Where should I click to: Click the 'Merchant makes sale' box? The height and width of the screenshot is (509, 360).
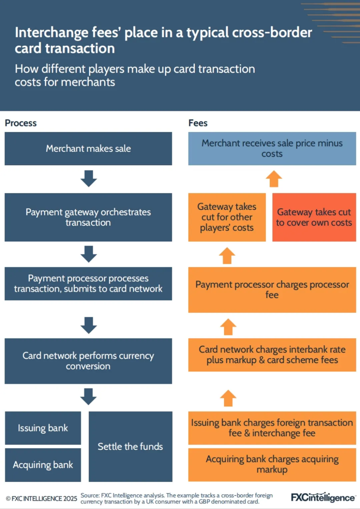click(x=88, y=149)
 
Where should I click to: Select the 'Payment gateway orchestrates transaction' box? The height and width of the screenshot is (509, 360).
click(x=88, y=217)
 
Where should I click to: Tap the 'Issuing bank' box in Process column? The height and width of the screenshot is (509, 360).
click(x=43, y=428)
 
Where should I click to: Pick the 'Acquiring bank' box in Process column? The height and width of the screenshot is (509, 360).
click(x=43, y=465)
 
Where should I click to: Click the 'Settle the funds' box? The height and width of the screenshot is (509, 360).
click(x=130, y=446)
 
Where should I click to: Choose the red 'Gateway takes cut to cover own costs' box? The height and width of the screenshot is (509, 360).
click(x=314, y=217)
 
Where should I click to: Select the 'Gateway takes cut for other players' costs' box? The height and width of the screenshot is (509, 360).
click(x=227, y=217)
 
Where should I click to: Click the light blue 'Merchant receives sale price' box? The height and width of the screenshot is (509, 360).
click(x=272, y=149)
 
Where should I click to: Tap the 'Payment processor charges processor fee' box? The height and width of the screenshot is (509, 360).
click(x=272, y=289)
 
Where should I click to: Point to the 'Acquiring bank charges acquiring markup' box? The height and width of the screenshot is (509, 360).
click(x=272, y=464)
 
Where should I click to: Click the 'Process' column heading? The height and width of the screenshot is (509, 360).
click(x=21, y=123)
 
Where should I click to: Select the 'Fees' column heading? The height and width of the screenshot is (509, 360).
click(x=198, y=123)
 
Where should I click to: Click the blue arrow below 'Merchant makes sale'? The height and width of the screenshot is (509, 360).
click(x=89, y=179)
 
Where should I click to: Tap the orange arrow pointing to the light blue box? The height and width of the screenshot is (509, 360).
click(x=274, y=179)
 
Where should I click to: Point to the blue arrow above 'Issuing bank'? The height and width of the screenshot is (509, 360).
click(x=89, y=396)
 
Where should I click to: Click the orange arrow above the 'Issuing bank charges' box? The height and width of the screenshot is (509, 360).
click(x=228, y=398)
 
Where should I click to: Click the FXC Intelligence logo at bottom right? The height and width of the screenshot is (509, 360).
click(x=323, y=497)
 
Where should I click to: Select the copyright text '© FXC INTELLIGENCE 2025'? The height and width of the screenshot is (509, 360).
click(x=41, y=499)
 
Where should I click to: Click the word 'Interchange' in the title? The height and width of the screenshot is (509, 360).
click(x=51, y=33)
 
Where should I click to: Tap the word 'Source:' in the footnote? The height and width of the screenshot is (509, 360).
click(x=90, y=496)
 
